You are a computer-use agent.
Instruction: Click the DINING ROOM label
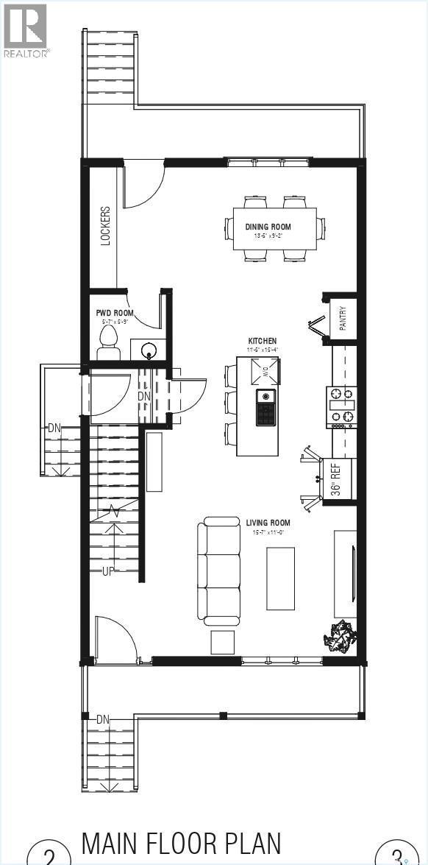click(268, 227)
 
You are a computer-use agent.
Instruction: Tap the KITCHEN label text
click(263, 341)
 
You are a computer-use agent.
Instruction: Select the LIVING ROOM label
click(268, 523)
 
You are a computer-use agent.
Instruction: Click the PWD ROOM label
click(115, 314)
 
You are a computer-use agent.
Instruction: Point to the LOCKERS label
click(105, 225)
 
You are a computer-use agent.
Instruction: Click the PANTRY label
click(343, 318)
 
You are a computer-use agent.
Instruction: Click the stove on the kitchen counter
click(340, 408)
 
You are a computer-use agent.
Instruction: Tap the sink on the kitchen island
click(266, 407)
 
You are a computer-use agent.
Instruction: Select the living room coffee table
click(280, 578)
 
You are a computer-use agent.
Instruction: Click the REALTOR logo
click(26, 29)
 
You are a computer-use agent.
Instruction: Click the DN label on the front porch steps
click(102, 719)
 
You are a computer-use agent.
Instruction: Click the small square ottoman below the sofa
click(223, 642)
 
